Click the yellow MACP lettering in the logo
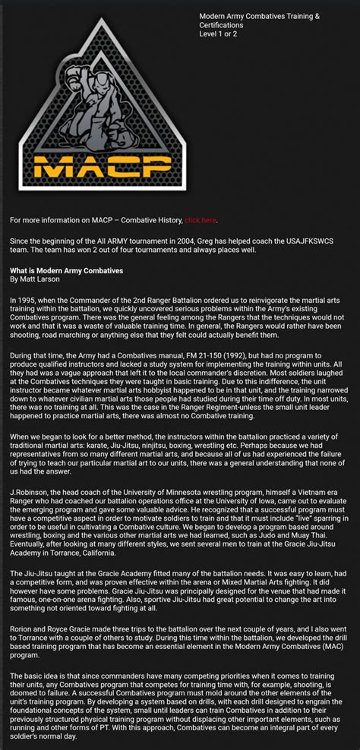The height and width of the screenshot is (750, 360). (x=90, y=165)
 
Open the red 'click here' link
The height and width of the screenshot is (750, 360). (x=201, y=220)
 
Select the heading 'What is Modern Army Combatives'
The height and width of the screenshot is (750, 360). (x=66, y=271)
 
